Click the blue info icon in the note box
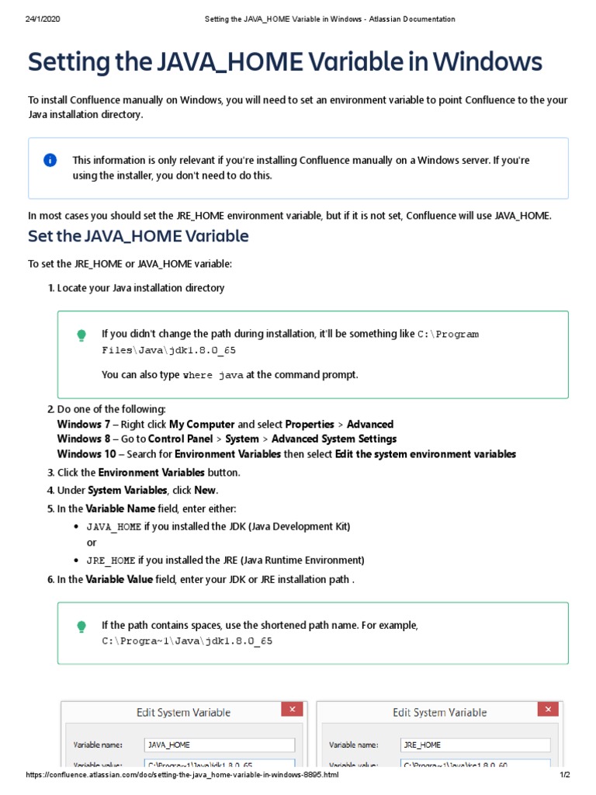click(50, 161)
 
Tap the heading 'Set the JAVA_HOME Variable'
click(138, 235)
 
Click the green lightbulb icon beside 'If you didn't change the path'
click(81, 335)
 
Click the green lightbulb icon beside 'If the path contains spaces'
click(81, 627)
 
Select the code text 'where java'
click(213, 375)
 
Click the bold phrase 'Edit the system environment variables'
click(425, 454)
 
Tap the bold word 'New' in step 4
click(205, 490)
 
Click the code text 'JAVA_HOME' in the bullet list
click(113, 526)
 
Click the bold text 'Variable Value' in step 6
click(119, 580)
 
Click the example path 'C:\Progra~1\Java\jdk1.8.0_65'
click(187, 642)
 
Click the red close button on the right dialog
click(549, 710)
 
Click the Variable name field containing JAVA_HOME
click(219, 745)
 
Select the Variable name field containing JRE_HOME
click(475, 745)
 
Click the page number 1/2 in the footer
click(564, 775)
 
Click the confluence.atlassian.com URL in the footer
click(182, 775)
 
